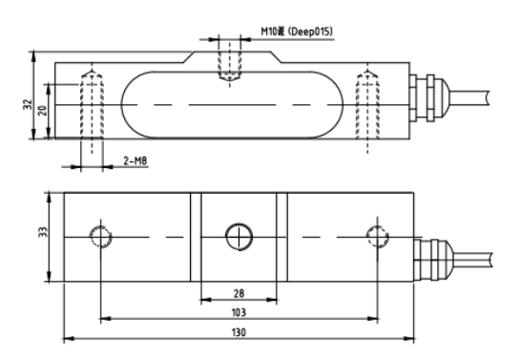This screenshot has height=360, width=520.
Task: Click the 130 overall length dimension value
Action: tap(239, 332)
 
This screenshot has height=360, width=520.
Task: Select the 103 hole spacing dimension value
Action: tap(239, 312)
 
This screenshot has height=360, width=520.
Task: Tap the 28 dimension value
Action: tap(239, 293)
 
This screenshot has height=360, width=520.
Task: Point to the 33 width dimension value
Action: tap(43, 232)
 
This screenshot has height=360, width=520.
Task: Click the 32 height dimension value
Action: tap(28, 104)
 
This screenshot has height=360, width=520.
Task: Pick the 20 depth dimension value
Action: tap(42, 110)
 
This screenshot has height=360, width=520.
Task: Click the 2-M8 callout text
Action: tap(135, 161)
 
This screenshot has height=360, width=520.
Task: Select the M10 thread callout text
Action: tap(273, 32)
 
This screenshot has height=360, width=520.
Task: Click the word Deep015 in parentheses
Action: tap(310, 32)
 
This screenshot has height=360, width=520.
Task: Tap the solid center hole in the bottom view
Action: tap(239, 223)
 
